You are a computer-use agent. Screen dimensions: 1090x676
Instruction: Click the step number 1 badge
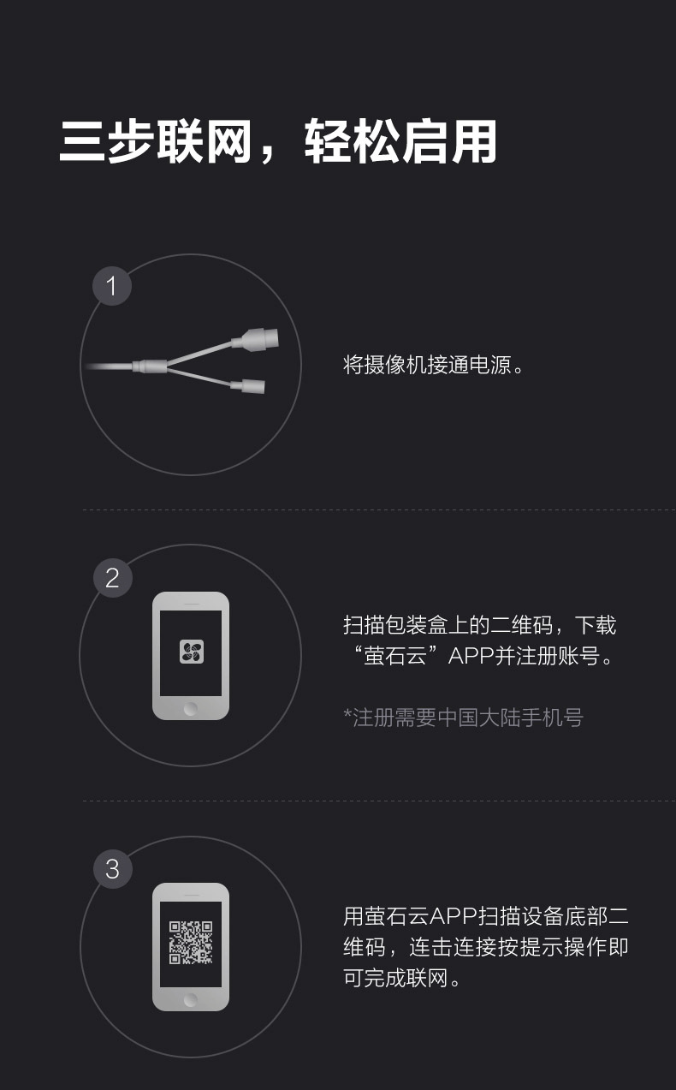tap(112, 286)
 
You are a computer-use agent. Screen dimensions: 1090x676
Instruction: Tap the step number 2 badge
tap(112, 578)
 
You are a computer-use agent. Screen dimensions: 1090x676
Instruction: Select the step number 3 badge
tap(112, 869)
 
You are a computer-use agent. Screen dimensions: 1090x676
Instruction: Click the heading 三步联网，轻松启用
tap(278, 141)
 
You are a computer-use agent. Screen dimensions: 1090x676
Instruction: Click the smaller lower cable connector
tap(252, 386)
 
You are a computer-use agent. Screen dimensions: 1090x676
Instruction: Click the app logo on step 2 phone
tap(191, 652)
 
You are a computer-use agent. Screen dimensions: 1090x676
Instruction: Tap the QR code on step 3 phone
tap(191, 943)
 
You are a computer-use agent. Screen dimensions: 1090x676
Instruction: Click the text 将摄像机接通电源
tap(433, 366)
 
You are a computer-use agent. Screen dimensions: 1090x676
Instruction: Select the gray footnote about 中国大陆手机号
tap(468, 718)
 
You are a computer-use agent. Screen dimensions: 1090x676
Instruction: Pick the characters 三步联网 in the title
tap(155, 141)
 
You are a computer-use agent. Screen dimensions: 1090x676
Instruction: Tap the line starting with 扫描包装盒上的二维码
tap(479, 625)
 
